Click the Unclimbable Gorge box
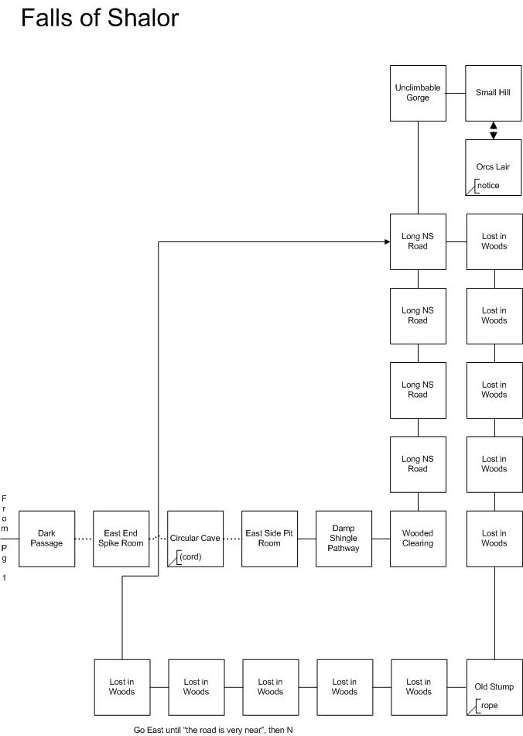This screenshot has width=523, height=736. [x=418, y=93]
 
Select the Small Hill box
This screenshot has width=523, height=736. [x=493, y=93]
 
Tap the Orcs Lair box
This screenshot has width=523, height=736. [x=493, y=167]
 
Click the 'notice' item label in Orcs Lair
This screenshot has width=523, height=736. [x=488, y=186]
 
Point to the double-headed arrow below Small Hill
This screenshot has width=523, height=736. [x=494, y=131]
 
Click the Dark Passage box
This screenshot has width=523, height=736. [x=46, y=539]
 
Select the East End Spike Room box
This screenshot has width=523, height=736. [x=121, y=539]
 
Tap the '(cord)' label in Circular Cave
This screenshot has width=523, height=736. [x=190, y=556]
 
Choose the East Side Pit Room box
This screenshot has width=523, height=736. [x=269, y=539]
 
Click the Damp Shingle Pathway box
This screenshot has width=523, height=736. [x=344, y=539]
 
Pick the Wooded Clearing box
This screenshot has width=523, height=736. [x=418, y=539]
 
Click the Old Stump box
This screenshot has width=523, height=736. [x=494, y=687]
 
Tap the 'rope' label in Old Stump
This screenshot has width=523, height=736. [x=489, y=705]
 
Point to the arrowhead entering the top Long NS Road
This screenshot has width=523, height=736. [x=387, y=241]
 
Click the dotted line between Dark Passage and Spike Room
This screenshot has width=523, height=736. [x=84, y=539]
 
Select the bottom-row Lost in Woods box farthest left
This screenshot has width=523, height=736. [x=122, y=687]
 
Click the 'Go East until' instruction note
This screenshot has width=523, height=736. [x=213, y=730]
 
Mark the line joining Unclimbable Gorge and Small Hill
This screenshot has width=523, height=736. [x=456, y=93]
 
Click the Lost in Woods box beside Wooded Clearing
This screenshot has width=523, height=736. [x=494, y=539]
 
